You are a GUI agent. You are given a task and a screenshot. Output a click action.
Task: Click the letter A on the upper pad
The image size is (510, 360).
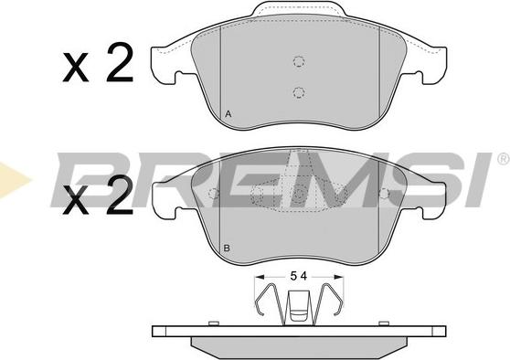point(228,114)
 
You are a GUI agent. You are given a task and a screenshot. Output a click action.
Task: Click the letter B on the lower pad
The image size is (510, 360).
point(227,249)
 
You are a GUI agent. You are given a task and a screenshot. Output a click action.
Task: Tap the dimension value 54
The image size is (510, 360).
point(298,277)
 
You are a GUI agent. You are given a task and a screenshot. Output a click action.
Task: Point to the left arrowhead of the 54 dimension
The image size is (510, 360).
point(259,277)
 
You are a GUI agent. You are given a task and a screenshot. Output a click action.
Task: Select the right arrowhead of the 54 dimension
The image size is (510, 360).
point(338,277)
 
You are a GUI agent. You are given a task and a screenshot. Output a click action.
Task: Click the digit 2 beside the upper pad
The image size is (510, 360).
point(120,63)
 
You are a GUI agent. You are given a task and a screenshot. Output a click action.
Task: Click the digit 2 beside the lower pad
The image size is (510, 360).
point(120,196)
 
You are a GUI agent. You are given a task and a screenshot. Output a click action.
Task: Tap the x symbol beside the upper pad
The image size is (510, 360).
point(76,68)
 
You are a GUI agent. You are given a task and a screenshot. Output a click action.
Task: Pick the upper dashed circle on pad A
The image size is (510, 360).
point(298,61)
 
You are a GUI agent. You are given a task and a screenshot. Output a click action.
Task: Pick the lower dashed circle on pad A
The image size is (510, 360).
point(298,92)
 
